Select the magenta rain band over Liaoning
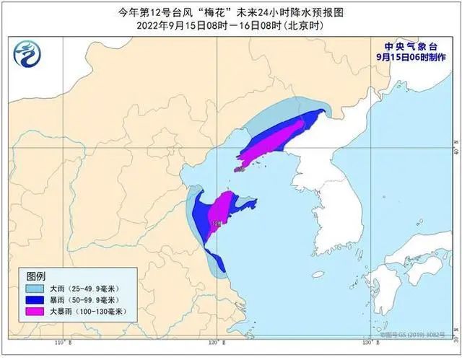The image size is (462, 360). pos(274,141)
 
